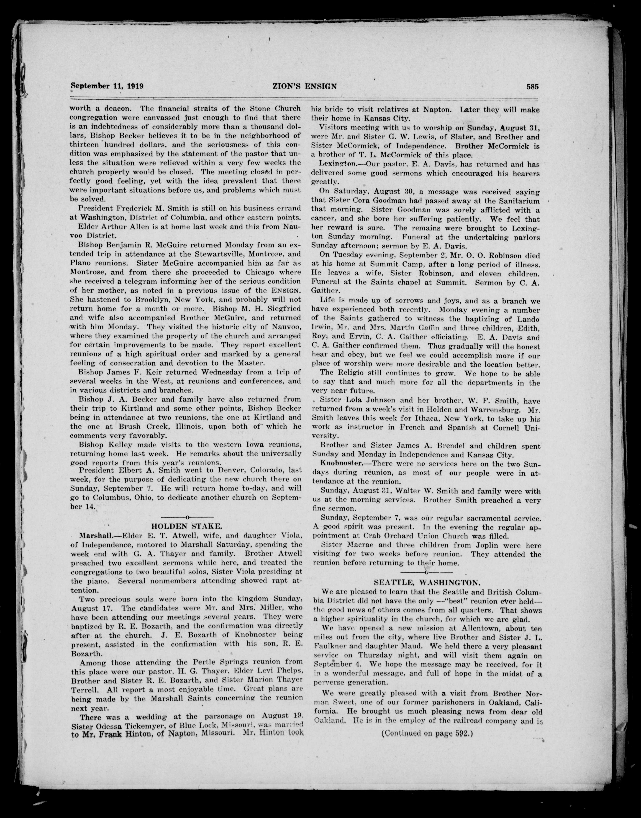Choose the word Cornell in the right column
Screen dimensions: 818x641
pos(504,427)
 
